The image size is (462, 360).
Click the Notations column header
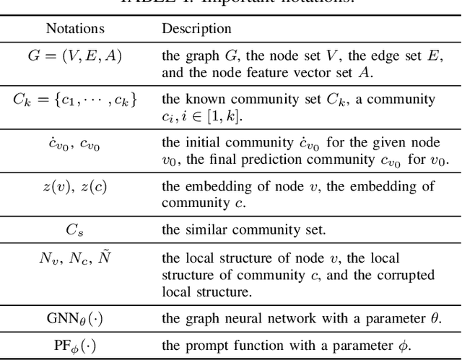pyautogui.click(x=75, y=29)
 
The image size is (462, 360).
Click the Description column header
pyautogui.click(x=196, y=29)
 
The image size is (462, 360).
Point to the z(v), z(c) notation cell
pyautogui.click(x=75, y=186)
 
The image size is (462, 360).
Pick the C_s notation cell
pyautogui.click(x=75, y=229)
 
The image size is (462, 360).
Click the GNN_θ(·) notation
pyautogui.click(x=75, y=319)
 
